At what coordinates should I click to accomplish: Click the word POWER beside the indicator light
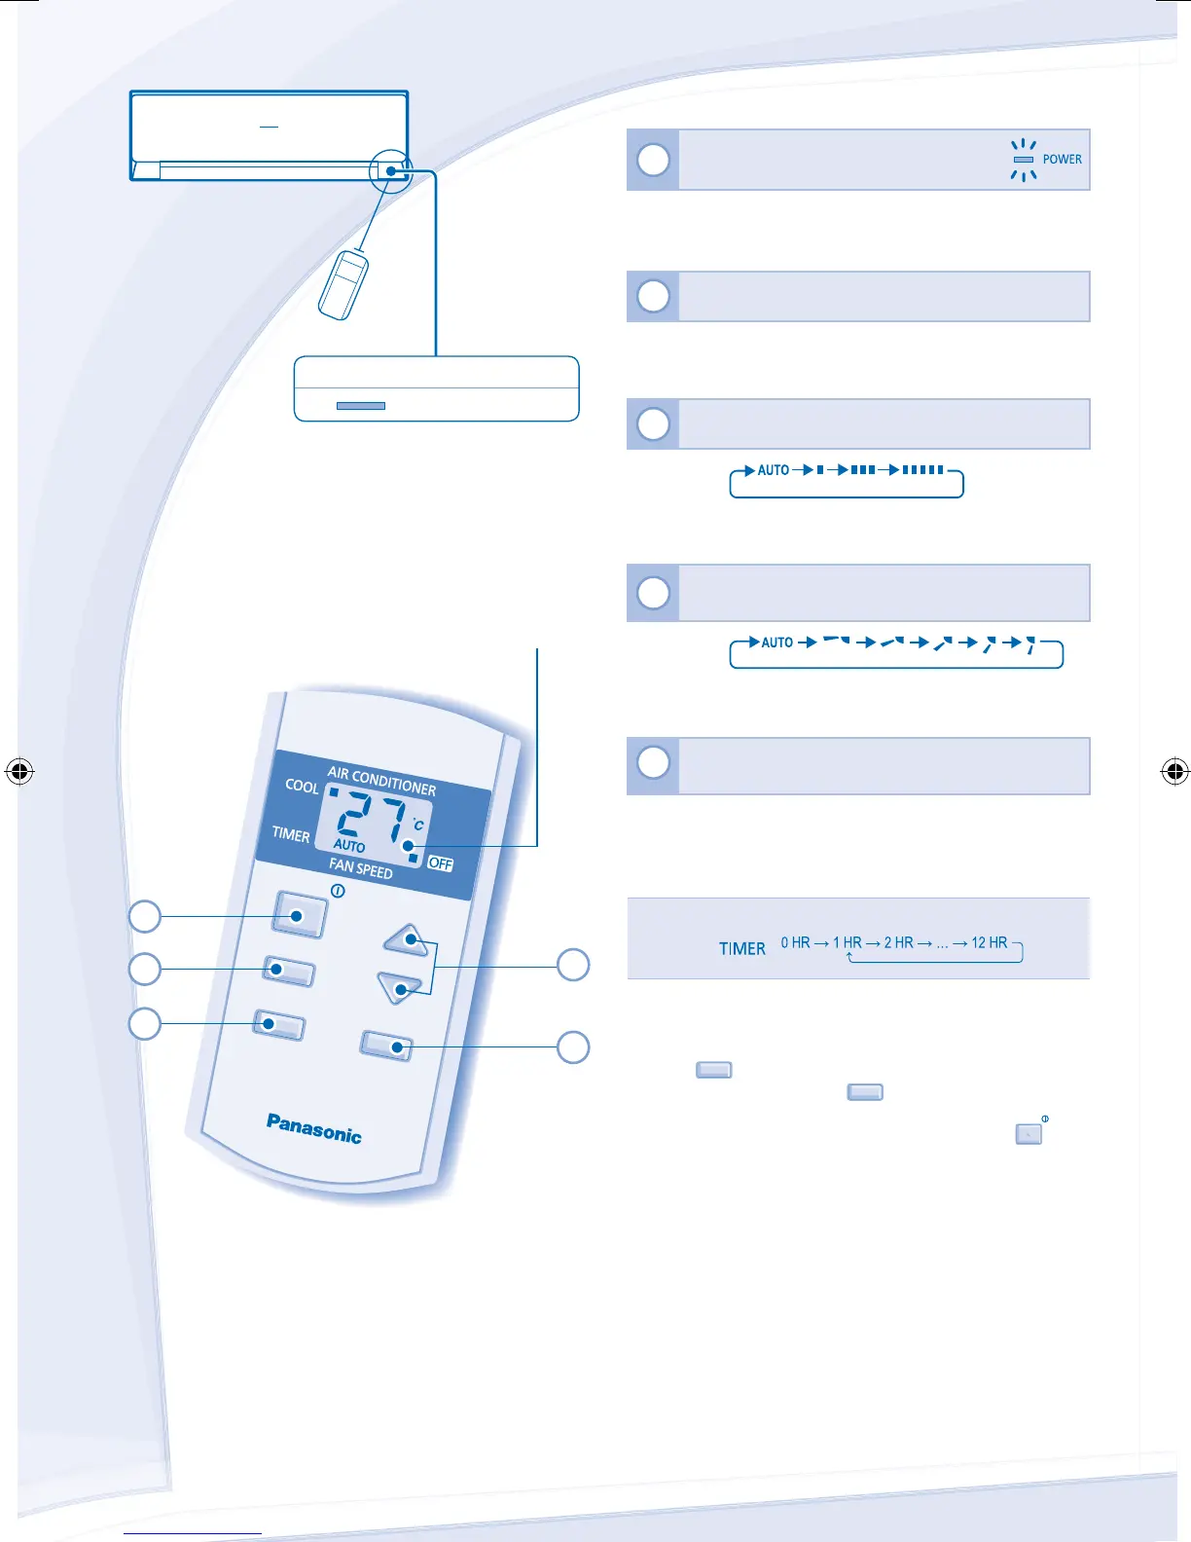(x=1062, y=160)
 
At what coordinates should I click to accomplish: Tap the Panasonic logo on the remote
(x=313, y=1128)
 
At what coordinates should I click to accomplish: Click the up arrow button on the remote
(x=408, y=939)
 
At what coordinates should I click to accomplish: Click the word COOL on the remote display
(x=302, y=786)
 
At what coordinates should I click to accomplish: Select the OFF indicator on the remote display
(x=441, y=863)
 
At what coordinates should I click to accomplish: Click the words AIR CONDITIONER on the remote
(x=381, y=781)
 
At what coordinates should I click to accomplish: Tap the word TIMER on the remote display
(x=291, y=834)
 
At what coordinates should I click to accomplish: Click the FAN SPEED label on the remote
(x=360, y=867)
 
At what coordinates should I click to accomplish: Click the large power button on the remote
(x=299, y=915)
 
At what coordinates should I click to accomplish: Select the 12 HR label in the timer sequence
(x=989, y=942)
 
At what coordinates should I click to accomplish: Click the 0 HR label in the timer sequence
(x=795, y=942)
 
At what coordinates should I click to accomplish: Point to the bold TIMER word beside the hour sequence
(x=742, y=948)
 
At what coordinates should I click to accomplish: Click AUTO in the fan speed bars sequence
(x=774, y=470)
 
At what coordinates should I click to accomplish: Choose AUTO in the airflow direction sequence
(x=776, y=642)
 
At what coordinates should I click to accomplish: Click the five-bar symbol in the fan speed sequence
(x=923, y=470)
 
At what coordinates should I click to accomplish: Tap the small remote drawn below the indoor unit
(x=343, y=284)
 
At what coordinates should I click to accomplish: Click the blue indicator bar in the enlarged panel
(x=360, y=406)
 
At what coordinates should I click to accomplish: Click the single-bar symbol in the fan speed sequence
(x=820, y=470)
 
